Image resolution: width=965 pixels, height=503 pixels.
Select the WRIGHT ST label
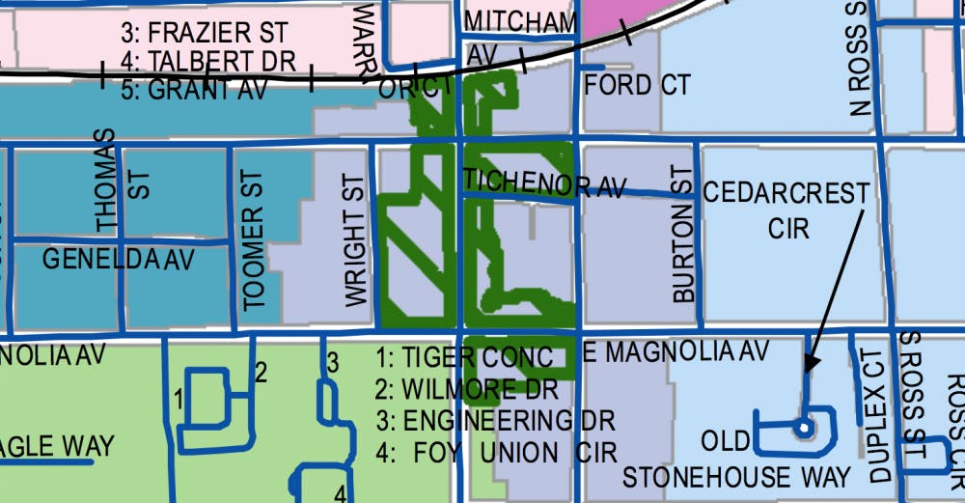[x=355, y=241]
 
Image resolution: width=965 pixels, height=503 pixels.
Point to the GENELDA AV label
[x=119, y=260]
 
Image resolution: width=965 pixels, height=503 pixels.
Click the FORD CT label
[x=637, y=85]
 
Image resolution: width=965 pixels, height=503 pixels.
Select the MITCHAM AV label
[x=520, y=35]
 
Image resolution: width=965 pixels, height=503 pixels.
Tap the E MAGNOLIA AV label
[x=675, y=352]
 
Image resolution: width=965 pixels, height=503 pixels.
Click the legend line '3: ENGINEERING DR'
[x=494, y=421]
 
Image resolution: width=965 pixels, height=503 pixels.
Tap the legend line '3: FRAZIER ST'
[x=205, y=32]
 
